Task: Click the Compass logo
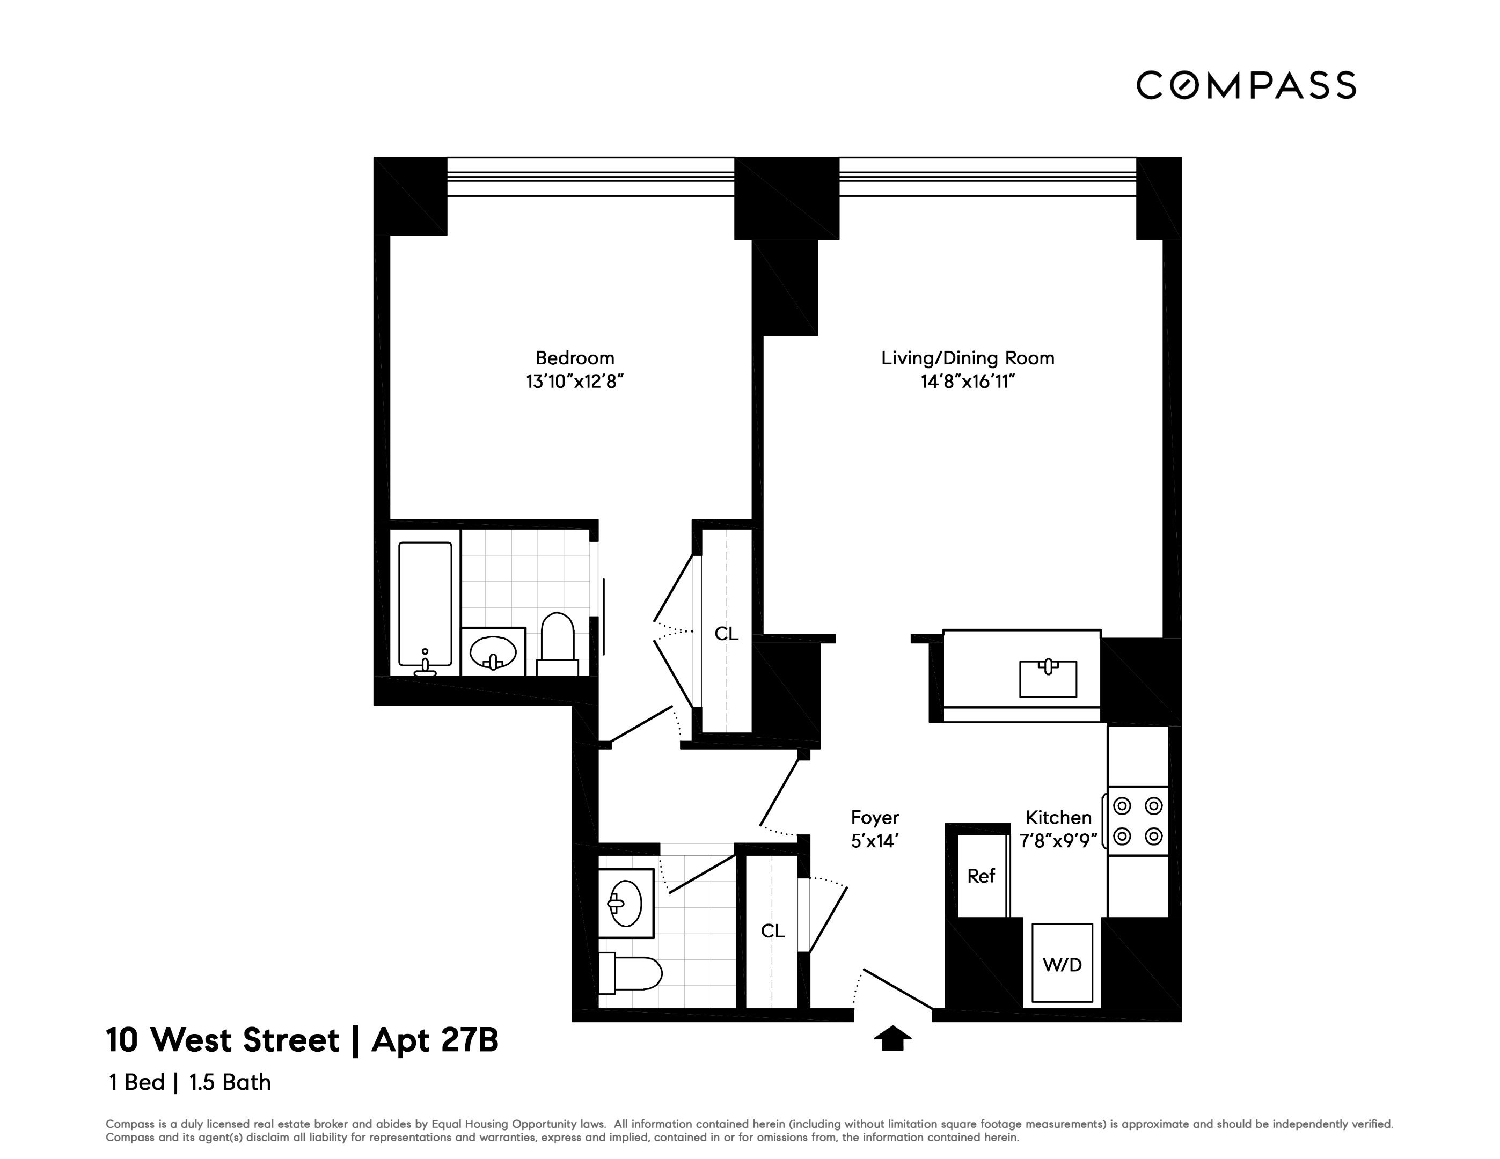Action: point(1246,86)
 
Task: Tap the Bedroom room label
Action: point(575,358)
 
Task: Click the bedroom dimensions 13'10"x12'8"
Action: point(575,382)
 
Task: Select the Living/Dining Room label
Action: point(968,358)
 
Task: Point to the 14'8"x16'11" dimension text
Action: point(968,382)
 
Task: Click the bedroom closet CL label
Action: point(726,634)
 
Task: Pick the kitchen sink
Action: point(1048,678)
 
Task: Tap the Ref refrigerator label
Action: point(981,876)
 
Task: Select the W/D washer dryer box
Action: point(1062,965)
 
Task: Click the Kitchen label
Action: point(1058,817)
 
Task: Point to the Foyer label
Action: point(874,817)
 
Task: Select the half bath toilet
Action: point(630,973)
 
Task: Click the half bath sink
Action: point(625,904)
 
